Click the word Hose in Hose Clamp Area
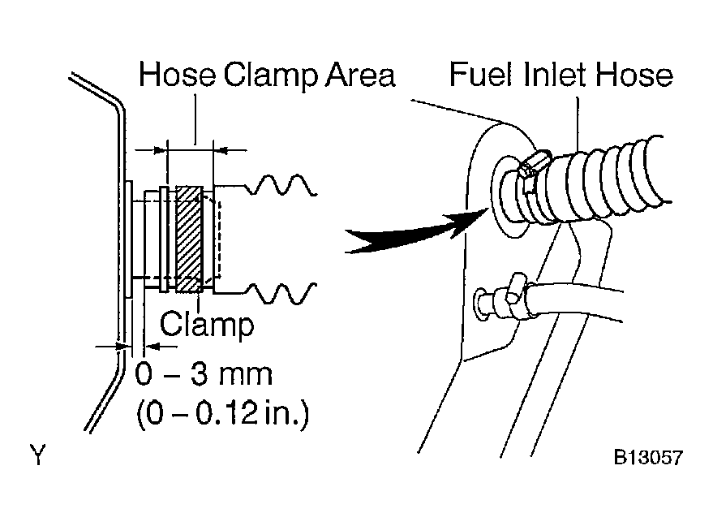177,74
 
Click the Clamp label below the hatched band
207,325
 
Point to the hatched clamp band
189,239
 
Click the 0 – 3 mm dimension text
204,374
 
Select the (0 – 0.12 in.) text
223,414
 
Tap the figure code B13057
648,457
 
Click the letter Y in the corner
38,455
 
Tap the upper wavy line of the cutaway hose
281,185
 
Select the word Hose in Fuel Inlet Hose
634,74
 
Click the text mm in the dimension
246,377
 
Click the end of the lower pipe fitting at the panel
481,302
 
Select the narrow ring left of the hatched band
164,239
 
